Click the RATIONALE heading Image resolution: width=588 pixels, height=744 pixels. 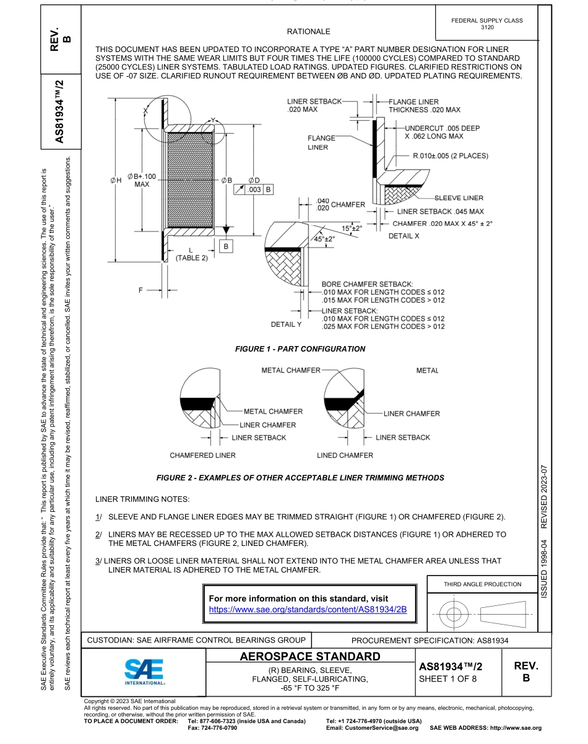pyautogui.click(x=308, y=32)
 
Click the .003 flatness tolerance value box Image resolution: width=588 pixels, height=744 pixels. pyautogui.click(x=254, y=189)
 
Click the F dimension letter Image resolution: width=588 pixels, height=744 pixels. pyautogui.click(x=141, y=289)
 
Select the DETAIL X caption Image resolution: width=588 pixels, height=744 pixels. pyautogui.click(x=404, y=236)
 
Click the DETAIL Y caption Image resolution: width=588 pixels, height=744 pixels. pyautogui.click(x=286, y=324)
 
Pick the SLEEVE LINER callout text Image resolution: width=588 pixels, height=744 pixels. pyautogui.click(x=459, y=198)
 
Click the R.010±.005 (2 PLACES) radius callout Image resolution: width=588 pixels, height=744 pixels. pyautogui.click(x=450, y=155)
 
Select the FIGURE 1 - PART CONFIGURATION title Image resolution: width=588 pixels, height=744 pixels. pyautogui.click(x=300, y=349)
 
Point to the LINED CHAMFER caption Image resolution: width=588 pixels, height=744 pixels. pyautogui.click(x=345, y=456)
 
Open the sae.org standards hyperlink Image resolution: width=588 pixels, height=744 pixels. pyautogui.click(x=308, y=609)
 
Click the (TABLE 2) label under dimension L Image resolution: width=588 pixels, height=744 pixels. pyautogui.click(x=191, y=258)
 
